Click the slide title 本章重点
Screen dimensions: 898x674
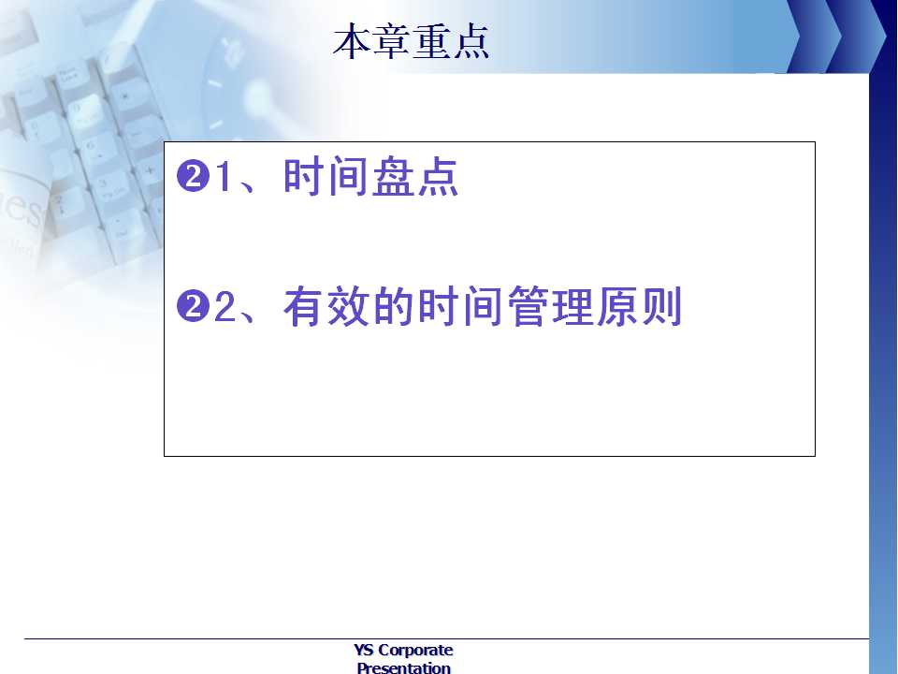pyautogui.click(x=411, y=41)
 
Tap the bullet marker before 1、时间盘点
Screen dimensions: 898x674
pyautogui.click(x=192, y=176)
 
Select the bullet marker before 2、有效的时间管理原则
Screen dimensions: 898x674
pyautogui.click(x=192, y=306)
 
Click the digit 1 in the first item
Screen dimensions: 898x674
pyautogui.click(x=223, y=176)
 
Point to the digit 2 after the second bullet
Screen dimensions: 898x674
pyautogui.click(x=224, y=307)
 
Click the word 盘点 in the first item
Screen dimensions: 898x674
pyautogui.click(x=415, y=177)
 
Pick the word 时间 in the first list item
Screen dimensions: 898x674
pyautogui.click(x=326, y=177)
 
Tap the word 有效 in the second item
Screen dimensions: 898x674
pyautogui.click(x=326, y=307)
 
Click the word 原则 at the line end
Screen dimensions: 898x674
pyautogui.click(x=639, y=307)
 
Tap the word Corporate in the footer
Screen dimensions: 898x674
pyautogui.click(x=415, y=651)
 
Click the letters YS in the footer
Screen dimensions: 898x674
pyautogui.click(x=364, y=650)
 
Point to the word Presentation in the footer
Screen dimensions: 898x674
pyautogui.click(x=404, y=667)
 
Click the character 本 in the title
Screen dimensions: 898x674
pyautogui.click(x=352, y=41)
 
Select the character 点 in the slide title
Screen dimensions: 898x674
pyautogui.click(x=471, y=41)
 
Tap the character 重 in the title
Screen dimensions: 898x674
pyautogui.click(x=431, y=41)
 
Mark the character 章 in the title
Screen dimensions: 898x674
pyautogui.click(x=392, y=41)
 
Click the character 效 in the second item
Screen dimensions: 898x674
pyautogui.click(x=348, y=307)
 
